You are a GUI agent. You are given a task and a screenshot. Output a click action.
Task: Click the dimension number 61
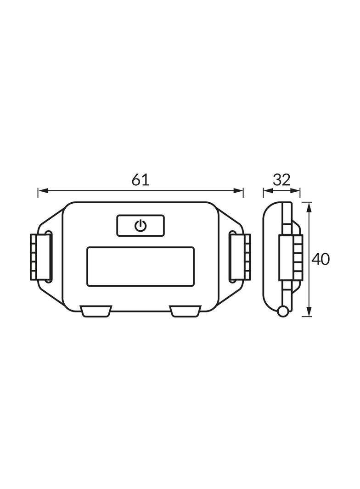point(140,180)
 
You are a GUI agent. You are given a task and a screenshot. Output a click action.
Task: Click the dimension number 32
point(281,180)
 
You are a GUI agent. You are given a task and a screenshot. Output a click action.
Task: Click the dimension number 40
point(321,259)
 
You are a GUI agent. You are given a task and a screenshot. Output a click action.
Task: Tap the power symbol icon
point(141,225)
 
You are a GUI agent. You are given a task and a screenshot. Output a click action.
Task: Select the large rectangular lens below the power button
point(141,267)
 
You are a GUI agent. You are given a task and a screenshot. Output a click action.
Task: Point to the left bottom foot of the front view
point(96,311)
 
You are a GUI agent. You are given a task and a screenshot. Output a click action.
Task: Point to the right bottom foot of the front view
point(185,311)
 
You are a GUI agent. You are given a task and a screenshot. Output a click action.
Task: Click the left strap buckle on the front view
point(40,257)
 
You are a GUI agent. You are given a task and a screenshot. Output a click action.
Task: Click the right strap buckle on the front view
point(240,257)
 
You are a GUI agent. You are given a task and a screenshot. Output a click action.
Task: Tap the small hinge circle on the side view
point(283,311)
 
